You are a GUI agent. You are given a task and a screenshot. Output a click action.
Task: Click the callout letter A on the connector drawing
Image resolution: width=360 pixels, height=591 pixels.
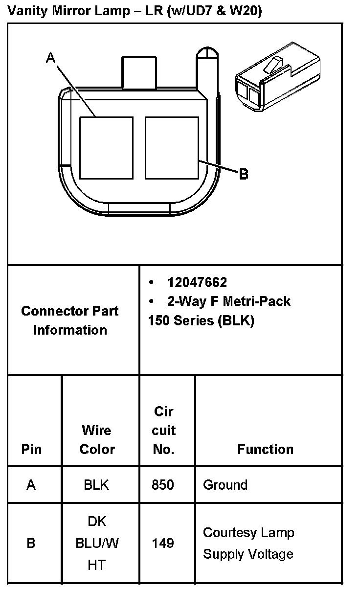click(x=50, y=58)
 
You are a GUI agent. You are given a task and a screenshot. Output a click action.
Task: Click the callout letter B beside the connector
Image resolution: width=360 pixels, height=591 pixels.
click(x=243, y=174)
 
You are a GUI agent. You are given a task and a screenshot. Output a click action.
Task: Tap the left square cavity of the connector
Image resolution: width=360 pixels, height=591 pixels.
click(x=106, y=147)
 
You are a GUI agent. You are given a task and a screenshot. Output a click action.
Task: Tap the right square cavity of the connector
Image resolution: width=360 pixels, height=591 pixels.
click(x=172, y=147)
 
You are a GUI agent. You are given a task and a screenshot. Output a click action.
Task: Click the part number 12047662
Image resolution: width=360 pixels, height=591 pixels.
click(x=197, y=282)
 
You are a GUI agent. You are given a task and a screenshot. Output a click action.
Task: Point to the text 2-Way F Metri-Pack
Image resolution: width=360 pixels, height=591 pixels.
click(x=228, y=301)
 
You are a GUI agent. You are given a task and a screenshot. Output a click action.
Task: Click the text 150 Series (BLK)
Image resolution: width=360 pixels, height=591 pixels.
click(x=201, y=320)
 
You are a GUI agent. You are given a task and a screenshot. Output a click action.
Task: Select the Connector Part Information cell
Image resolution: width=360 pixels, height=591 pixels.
click(x=70, y=320)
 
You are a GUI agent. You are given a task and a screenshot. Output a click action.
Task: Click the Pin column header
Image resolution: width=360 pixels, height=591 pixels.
click(x=31, y=449)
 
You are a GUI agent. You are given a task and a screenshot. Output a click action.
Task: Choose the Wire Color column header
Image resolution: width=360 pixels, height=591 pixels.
click(x=97, y=439)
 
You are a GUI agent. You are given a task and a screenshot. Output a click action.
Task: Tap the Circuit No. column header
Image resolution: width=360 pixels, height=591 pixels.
click(x=163, y=430)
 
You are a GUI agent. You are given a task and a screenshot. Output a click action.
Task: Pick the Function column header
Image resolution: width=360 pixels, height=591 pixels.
click(x=265, y=449)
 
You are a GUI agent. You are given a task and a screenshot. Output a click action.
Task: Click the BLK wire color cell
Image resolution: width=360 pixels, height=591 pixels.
click(x=96, y=485)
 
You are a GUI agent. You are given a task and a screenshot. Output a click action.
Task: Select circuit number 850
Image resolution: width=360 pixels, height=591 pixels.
click(x=163, y=485)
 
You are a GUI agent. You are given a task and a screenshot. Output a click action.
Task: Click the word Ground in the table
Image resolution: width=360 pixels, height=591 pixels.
click(x=225, y=485)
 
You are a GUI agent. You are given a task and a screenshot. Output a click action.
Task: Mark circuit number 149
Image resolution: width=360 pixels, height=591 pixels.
click(x=163, y=543)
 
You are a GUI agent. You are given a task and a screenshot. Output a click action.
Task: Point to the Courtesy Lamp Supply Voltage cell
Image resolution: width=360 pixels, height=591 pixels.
click(x=248, y=543)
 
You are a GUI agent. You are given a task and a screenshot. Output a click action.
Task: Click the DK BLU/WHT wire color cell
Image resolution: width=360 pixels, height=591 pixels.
click(x=97, y=543)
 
